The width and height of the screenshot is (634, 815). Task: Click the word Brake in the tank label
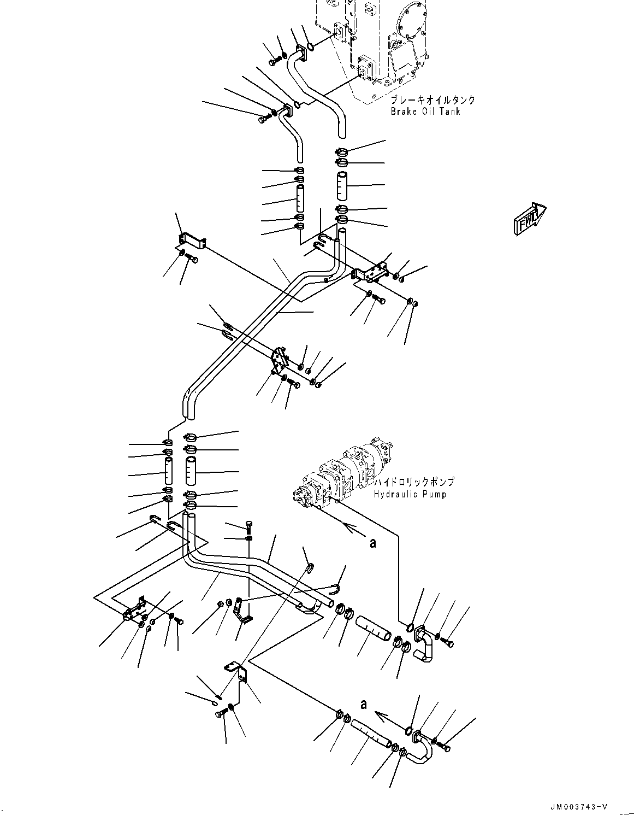[x=403, y=112]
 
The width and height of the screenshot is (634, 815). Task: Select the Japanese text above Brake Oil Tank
[x=432, y=100]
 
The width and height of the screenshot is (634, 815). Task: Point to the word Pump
[x=435, y=494]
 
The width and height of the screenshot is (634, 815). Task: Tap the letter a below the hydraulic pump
[x=373, y=543]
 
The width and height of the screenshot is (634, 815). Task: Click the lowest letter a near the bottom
[x=363, y=705]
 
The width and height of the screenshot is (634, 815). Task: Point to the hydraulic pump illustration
[x=344, y=470]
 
